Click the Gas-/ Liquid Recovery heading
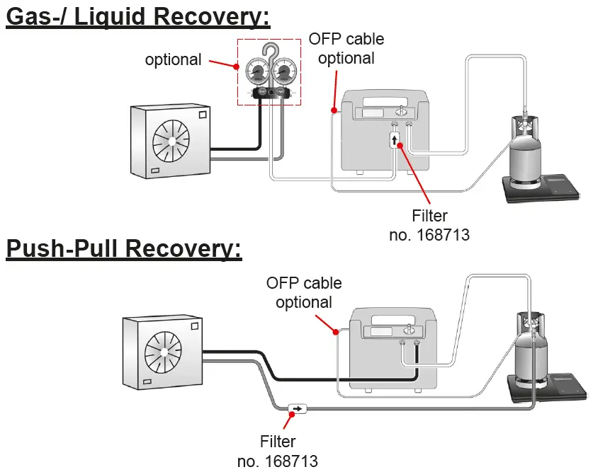click(138, 16)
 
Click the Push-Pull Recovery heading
click(124, 249)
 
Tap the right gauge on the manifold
click(283, 72)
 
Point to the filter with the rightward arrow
click(297, 408)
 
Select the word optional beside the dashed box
click(173, 59)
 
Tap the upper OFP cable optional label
click(346, 48)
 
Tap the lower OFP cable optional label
click(304, 293)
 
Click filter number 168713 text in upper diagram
click(429, 225)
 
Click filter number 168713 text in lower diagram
click(278, 451)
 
